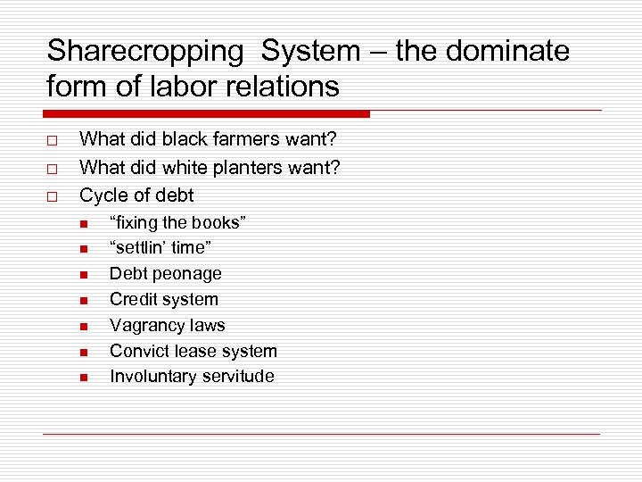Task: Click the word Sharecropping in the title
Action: click(144, 52)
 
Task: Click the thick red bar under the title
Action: click(206, 114)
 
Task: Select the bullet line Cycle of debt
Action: click(136, 195)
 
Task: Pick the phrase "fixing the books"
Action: click(177, 222)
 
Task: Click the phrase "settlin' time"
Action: click(160, 248)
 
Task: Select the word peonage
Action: click(187, 274)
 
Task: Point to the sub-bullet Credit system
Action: click(163, 299)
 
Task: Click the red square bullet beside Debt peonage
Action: click(83, 275)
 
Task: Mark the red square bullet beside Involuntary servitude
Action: click(83, 378)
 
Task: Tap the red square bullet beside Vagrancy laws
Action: click(83, 327)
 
